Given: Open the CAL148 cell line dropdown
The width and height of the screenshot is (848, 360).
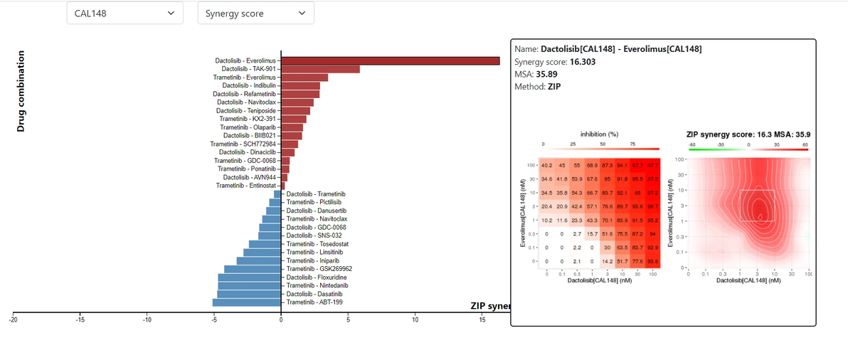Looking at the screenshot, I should [x=124, y=13].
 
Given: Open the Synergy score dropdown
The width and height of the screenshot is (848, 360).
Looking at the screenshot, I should [x=255, y=13].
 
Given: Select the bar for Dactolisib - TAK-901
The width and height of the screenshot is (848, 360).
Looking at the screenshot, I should [x=320, y=69].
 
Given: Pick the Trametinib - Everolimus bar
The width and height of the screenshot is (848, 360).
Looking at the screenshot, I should [x=304, y=77].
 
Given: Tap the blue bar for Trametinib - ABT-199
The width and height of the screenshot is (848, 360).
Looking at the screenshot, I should [x=247, y=302].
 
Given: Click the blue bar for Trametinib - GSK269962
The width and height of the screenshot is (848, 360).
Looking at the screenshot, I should [x=253, y=269].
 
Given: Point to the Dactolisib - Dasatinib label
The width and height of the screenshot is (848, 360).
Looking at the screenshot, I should [x=314, y=294].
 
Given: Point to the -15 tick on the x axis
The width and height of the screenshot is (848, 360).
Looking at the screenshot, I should [x=80, y=320].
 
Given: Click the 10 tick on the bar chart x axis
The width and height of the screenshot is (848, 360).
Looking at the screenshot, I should [x=415, y=320].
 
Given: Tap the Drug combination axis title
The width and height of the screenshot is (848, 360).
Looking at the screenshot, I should [x=21, y=90].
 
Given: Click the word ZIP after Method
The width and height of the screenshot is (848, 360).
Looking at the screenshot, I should [x=554, y=87].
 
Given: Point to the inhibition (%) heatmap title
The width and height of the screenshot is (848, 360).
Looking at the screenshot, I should [x=600, y=134].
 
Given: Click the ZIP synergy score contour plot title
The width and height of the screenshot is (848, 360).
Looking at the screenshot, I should [x=748, y=134].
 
